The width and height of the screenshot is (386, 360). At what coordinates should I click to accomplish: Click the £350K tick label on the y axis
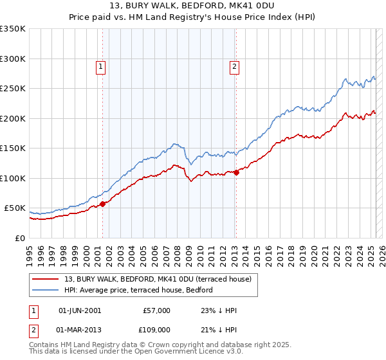click(12, 29)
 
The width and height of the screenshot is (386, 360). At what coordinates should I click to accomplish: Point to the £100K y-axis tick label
click(12, 178)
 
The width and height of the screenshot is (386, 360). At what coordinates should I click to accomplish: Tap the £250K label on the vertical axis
click(12, 89)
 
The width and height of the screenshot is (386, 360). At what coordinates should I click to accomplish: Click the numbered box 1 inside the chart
click(102, 66)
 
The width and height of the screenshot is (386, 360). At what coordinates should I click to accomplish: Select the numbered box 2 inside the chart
click(235, 66)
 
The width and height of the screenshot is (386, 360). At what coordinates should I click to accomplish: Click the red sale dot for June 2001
click(102, 204)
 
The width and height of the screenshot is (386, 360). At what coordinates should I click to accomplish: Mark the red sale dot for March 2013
click(235, 172)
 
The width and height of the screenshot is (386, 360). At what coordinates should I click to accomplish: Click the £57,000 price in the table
click(156, 310)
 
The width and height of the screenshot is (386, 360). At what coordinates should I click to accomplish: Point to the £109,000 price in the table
click(156, 329)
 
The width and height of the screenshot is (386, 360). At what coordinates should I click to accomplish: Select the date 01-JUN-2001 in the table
click(80, 310)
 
